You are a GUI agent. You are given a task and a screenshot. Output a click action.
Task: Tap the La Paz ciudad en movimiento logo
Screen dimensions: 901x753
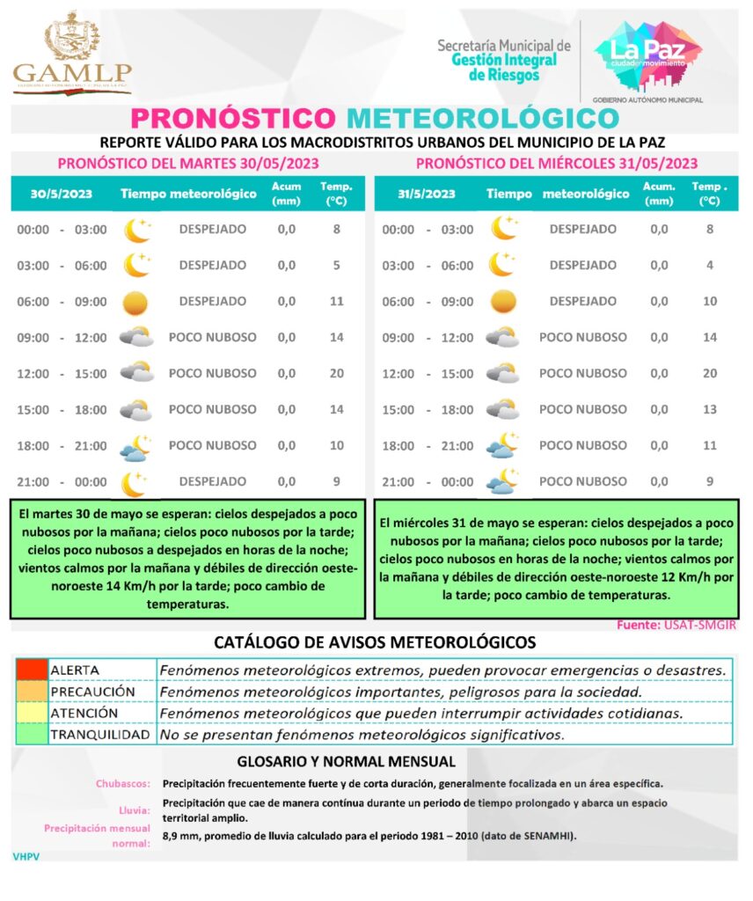point(647,58)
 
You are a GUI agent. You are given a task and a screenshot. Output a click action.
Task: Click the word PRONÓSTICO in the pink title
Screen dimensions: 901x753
point(234,118)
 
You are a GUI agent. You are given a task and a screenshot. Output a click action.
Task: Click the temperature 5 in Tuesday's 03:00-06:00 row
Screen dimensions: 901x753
point(336,265)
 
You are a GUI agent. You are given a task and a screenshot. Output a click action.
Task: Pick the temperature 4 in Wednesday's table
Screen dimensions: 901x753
point(710,265)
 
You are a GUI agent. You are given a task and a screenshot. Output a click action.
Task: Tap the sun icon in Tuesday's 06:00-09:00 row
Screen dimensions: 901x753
point(136,302)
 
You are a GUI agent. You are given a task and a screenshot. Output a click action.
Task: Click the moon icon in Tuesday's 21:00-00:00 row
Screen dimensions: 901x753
point(136,482)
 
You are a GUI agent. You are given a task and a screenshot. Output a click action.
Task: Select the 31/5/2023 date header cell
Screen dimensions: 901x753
point(426,194)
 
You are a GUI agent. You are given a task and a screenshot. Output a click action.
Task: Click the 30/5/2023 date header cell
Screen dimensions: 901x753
point(59,194)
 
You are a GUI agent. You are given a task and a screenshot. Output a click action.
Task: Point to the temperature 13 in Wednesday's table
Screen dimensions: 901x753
point(710,409)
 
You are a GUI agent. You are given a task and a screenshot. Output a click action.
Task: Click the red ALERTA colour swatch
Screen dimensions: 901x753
point(31,670)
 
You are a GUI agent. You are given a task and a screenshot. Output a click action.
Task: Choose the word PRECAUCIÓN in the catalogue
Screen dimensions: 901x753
point(92,692)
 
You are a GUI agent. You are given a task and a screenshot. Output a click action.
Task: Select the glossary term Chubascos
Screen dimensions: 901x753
point(123,783)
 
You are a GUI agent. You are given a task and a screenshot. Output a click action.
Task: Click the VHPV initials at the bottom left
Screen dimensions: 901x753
point(26,855)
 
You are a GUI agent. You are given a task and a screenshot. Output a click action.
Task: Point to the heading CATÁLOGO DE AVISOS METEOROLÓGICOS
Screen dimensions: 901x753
point(375,642)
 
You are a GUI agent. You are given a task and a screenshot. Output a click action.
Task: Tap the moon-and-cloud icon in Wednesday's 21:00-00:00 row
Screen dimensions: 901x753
point(502,482)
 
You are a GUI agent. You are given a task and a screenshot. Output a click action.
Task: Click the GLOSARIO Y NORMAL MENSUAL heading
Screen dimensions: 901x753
point(347,761)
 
